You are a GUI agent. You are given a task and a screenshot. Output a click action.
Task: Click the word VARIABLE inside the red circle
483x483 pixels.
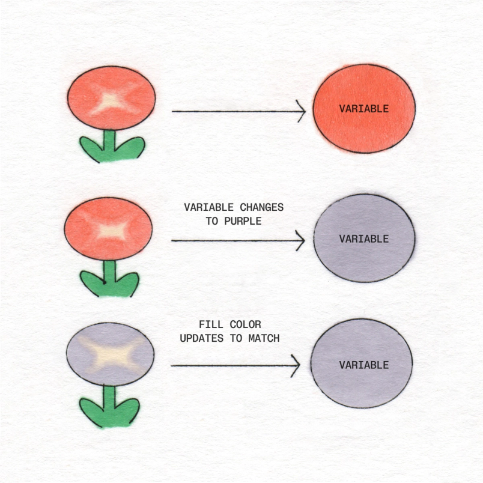point(363,109)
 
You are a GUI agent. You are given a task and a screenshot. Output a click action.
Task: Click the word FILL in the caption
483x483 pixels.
point(210,325)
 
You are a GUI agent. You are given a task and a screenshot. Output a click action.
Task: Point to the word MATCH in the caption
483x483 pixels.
point(263,338)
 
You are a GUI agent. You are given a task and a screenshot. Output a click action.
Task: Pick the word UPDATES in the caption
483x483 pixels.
point(201,338)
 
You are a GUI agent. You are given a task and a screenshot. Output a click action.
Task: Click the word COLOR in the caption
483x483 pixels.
point(245,325)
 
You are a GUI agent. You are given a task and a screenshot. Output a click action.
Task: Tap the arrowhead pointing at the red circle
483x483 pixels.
point(302,111)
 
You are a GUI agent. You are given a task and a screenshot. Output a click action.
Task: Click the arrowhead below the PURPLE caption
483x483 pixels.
point(300,241)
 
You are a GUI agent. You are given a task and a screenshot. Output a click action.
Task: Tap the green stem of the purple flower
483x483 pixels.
point(109,398)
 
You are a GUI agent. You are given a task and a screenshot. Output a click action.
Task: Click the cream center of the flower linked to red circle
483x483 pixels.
point(111,102)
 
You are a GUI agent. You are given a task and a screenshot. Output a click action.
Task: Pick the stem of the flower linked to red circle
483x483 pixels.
point(109,141)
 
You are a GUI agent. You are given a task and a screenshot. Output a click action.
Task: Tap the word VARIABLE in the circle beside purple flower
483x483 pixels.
point(363,365)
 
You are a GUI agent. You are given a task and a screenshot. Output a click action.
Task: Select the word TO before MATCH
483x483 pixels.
point(236,338)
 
